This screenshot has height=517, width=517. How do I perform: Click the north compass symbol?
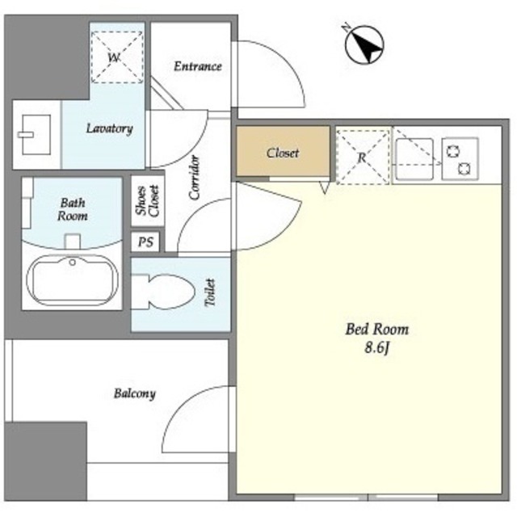tap(364, 44)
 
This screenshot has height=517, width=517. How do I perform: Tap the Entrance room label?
tap(197, 66)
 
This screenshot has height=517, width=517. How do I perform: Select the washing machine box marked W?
tap(117, 57)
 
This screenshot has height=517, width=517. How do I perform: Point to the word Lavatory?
tap(110, 128)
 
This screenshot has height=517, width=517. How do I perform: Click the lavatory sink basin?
tap(36, 135)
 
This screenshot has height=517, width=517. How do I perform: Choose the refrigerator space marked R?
tap(363, 157)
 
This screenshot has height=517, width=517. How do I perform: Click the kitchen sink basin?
tap(414, 159)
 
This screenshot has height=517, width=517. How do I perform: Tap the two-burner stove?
tap(460, 159)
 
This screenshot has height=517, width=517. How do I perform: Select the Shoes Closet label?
tap(148, 201)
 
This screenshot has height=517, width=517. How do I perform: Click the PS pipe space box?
tap(145, 242)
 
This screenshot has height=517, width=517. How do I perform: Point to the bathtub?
tap(73, 280)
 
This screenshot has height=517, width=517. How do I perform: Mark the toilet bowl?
tap(163, 292)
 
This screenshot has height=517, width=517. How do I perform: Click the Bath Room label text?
tap(73, 209)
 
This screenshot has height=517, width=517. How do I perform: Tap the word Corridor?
tap(194, 178)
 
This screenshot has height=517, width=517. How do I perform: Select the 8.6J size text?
tap(377, 348)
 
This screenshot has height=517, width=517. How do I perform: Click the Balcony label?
tap(135, 393)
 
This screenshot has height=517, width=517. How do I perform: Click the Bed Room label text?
tap(377, 330)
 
